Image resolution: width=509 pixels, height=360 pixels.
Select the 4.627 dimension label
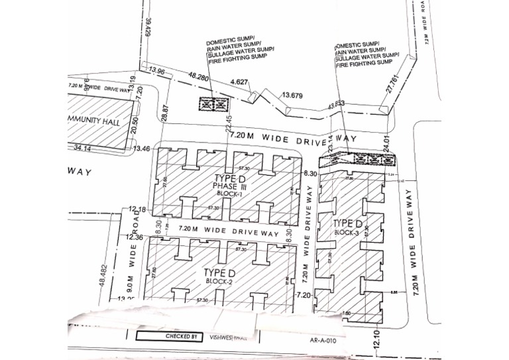239,82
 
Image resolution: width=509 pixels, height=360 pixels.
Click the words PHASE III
229,186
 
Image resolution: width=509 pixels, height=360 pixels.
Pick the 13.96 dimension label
156,71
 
